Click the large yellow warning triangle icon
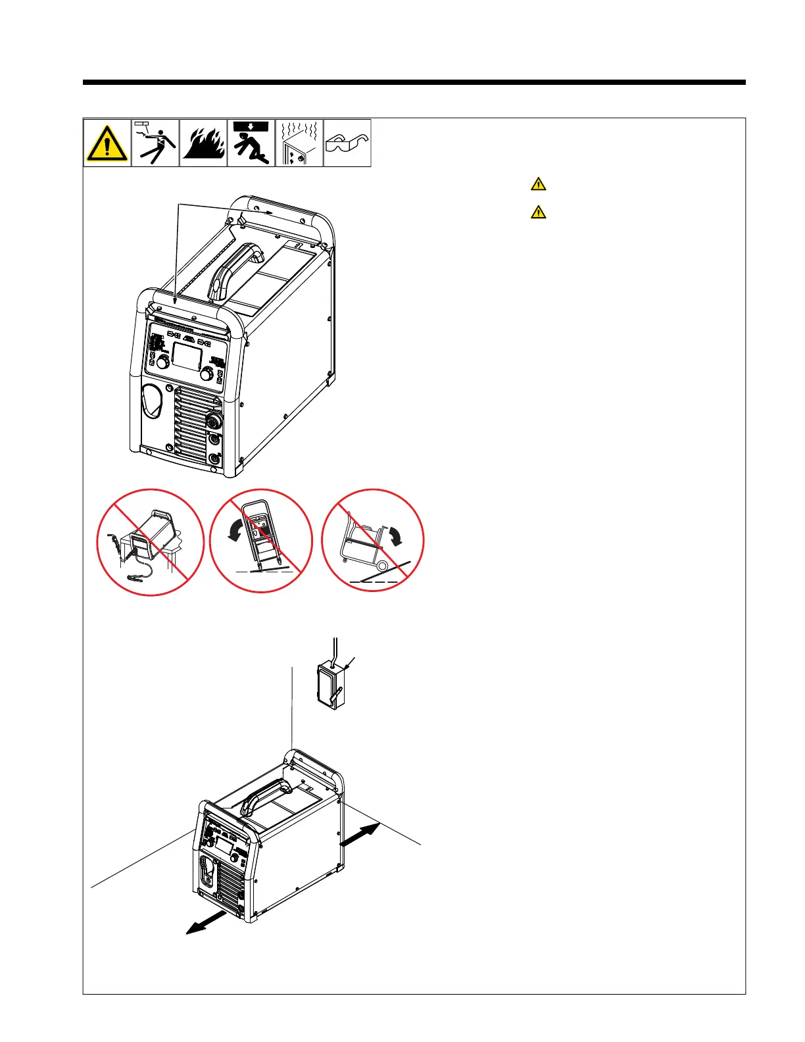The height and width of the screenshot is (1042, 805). pos(107,143)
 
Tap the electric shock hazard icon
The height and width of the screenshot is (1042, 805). pos(155,143)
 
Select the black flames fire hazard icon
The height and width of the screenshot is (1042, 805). pos(203,143)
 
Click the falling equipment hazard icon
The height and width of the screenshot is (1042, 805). pos(251,143)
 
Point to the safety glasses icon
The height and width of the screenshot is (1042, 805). pos(347,143)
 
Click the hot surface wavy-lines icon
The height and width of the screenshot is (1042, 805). pos(299,143)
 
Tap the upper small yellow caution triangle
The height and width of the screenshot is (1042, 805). pos(538,184)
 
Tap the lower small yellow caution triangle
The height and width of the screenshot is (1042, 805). pos(538,212)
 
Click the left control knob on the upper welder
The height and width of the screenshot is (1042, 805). pos(163,361)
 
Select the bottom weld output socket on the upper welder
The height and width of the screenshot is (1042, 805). pos(214,459)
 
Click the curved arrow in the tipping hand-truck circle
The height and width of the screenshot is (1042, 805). pos(233,531)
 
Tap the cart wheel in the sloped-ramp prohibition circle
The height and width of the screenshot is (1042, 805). pos(381,563)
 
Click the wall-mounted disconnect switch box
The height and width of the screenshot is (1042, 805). pos(331,686)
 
